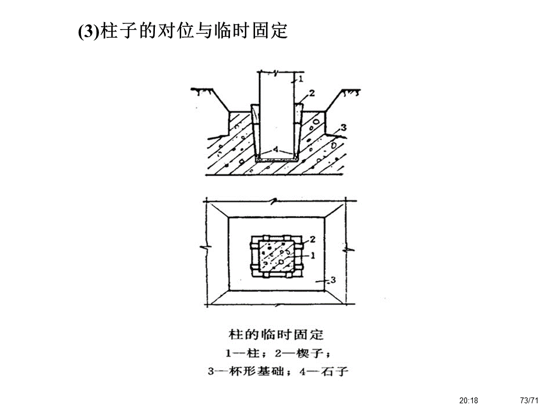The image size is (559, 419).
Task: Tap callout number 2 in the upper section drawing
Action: click(x=312, y=93)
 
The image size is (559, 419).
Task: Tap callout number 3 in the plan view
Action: click(x=332, y=280)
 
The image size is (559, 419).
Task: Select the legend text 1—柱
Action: click(x=241, y=353)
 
